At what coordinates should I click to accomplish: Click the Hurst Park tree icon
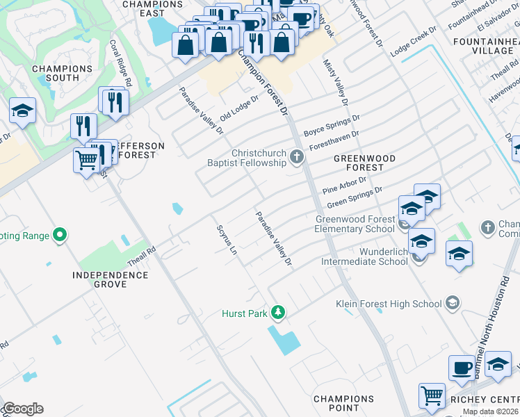[x=278, y=313]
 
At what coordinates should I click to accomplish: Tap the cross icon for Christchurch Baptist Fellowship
[x=297, y=156]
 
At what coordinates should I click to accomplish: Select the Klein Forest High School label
[x=389, y=303]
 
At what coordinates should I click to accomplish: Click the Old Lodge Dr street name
[x=238, y=107]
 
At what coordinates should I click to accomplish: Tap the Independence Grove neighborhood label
[x=111, y=279]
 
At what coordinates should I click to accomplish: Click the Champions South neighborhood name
[x=62, y=73]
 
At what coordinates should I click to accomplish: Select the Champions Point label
[x=343, y=404]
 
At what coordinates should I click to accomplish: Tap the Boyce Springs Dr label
[x=332, y=125]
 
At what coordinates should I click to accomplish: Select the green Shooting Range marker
[x=60, y=236]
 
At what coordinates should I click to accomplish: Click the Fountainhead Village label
[x=482, y=47]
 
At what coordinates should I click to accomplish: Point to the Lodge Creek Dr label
[x=413, y=42]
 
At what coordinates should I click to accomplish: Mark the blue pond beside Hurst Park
[x=284, y=341]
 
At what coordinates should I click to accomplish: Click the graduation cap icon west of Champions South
[x=22, y=111]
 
